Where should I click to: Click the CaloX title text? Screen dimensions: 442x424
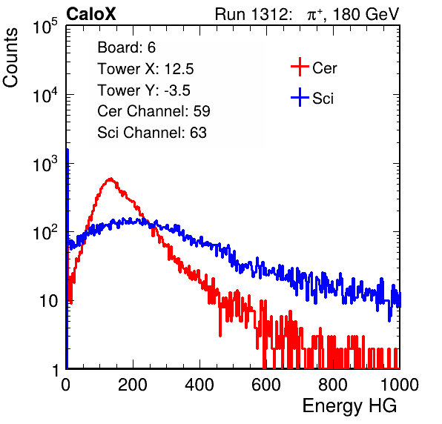tap(91, 14)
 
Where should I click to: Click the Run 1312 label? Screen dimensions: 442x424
tap(253, 14)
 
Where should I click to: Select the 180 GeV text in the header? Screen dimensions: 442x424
tap(366, 14)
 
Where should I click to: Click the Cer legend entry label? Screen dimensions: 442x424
tap(324, 68)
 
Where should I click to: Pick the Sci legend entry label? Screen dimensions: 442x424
tap(323, 99)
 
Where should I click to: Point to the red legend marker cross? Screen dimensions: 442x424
tap(300, 67)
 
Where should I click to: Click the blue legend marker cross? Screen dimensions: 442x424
tap(300, 98)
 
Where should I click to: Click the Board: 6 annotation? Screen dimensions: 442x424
tap(126, 47)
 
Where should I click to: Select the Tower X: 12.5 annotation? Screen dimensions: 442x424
tap(145, 69)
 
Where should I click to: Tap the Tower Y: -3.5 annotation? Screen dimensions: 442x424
tap(144, 90)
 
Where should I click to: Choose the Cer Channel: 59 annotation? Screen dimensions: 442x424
tap(154, 111)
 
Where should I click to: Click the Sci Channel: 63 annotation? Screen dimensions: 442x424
tap(152, 133)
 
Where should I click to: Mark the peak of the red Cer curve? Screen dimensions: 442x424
tap(110, 179)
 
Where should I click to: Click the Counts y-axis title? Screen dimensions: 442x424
tap(10, 58)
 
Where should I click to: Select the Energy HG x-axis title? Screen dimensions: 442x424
tap(349, 406)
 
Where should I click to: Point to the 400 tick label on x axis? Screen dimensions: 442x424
tap(199, 385)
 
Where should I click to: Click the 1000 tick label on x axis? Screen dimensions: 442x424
tap(400, 385)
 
